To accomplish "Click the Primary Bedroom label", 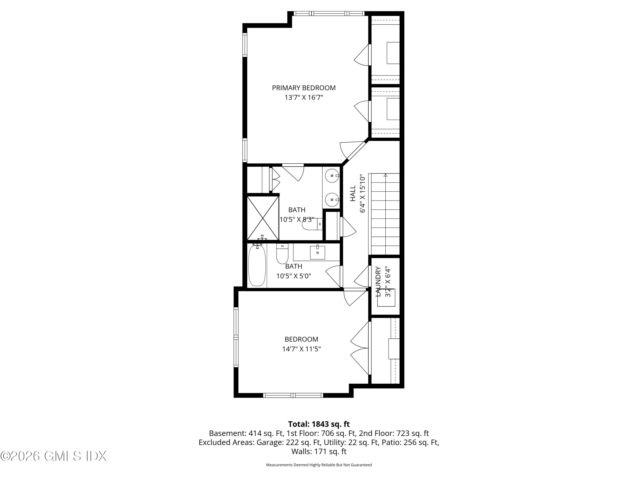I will pos(304,88).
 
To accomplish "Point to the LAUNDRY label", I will pos(378,281).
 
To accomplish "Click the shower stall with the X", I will pos(263,218).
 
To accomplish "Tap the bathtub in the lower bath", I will pos(257,265).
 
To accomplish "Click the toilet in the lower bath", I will pos(282,254).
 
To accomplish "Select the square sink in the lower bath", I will pos(317,252).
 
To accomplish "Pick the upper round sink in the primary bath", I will pos(332,175).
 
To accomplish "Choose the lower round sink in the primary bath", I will pos(332,200).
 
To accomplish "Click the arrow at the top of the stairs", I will pos(385,175).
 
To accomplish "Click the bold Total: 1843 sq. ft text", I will pos(319,424).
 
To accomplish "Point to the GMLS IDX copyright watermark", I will pos(53,456).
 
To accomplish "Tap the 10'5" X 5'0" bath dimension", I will pos(294,276).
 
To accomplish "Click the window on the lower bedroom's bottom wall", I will pos(293,395).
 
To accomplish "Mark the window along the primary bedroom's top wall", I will pos(329,13).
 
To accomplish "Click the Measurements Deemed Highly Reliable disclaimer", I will pos(319,465).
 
